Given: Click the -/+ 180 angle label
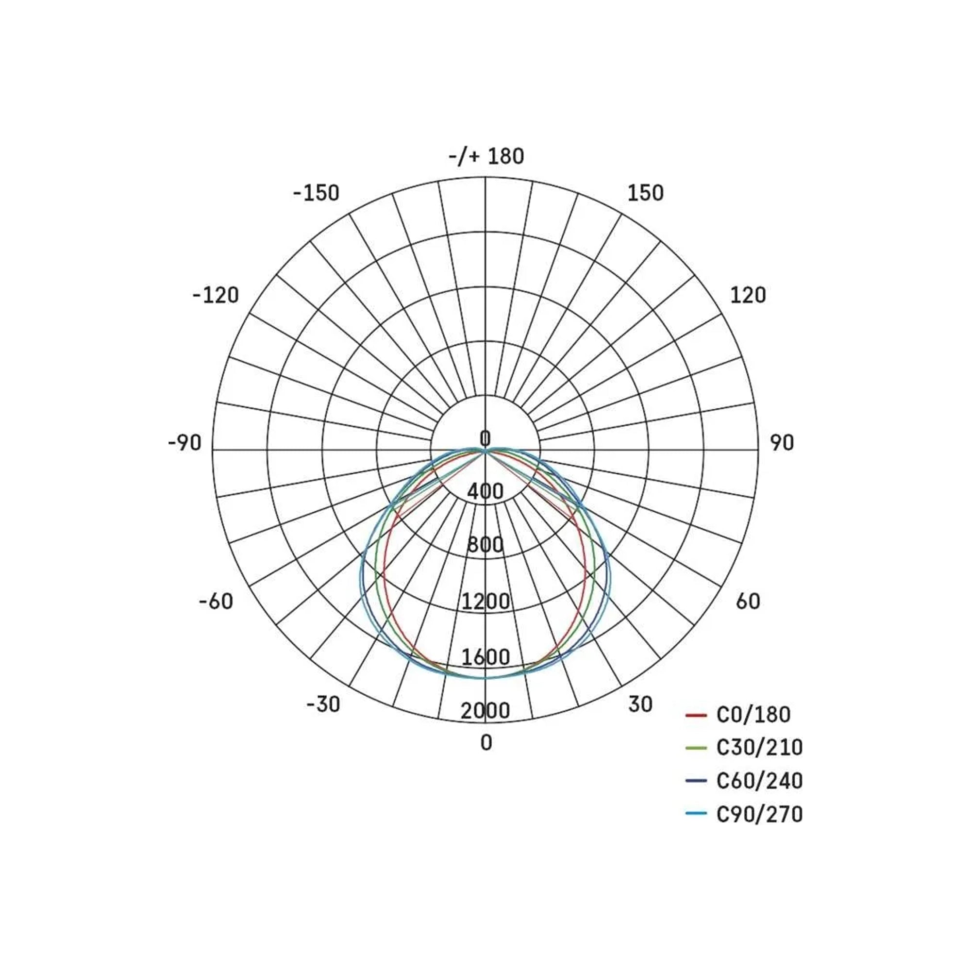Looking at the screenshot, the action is click(486, 156).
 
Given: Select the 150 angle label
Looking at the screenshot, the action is click(645, 193).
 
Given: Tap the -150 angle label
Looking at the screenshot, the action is click(316, 193).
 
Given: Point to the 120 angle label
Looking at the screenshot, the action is click(748, 295).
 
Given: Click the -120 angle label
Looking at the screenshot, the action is click(216, 295).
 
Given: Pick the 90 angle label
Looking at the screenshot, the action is click(782, 443).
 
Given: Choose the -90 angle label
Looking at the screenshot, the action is click(184, 443).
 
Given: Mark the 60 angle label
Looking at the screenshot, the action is click(748, 601).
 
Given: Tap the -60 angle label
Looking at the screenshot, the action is click(216, 601).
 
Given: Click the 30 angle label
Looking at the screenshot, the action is click(640, 704).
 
